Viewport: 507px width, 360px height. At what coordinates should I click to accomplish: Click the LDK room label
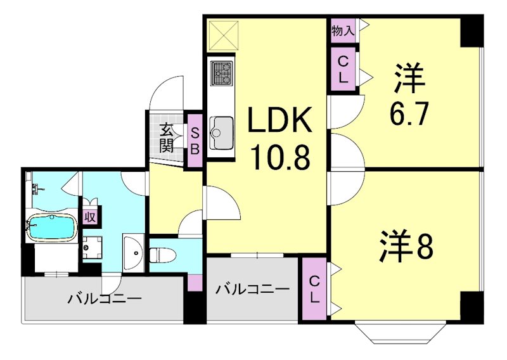click(x=279, y=121)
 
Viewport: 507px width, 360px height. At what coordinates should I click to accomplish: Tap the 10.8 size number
click(x=279, y=158)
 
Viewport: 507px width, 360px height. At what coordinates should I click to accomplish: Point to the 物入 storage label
click(x=343, y=30)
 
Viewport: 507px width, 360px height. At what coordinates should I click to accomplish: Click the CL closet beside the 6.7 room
click(x=343, y=70)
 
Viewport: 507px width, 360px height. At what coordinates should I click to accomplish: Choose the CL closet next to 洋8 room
click(x=315, y=289)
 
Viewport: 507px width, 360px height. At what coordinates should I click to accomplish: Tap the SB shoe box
click(x=195, y=141)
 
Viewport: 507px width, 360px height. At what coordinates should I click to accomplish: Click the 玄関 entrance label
click(x=167, y=138)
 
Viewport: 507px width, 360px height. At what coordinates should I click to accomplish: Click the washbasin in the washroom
click(x=134, y=252)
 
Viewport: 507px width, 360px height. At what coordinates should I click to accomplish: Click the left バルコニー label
click(x=104, y=298)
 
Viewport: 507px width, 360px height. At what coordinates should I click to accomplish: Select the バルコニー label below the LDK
click(x=252, y=290)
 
